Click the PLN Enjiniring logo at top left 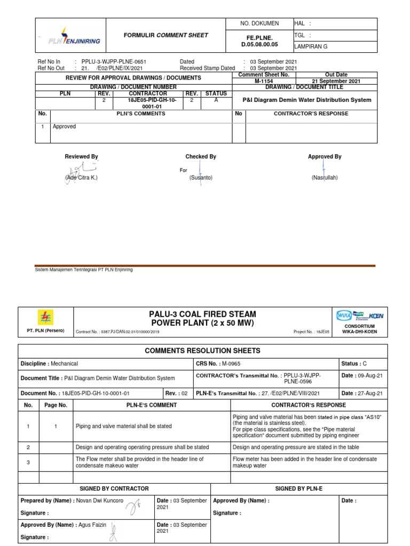74,36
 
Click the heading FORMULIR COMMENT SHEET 166,35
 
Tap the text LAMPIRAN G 311,46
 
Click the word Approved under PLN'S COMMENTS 64,127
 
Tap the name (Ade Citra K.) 82,177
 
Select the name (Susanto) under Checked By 201,177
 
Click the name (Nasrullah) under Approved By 325,177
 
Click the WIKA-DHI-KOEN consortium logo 360,316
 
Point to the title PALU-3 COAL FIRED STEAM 202,315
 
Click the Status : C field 354,364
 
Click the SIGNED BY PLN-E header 299,488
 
